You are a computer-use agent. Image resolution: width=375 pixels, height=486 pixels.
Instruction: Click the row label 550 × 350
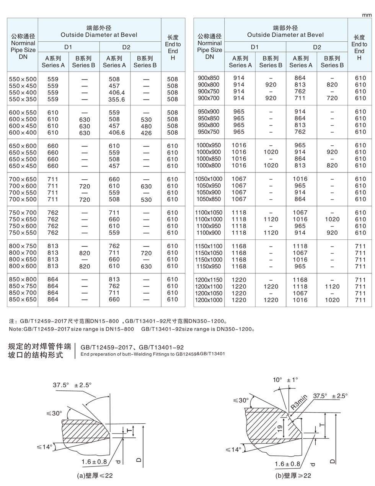pyautogui.click(x=23, y=99)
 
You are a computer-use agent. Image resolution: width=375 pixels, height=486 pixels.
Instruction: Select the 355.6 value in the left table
pyautogui.click(x=117, y=99)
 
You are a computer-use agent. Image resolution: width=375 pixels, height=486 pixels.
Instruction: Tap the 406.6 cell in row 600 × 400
pyautogui.click(x=117, y=133)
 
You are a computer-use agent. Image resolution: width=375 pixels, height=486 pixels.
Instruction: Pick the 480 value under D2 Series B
pyautogui.click(x=146, y=126)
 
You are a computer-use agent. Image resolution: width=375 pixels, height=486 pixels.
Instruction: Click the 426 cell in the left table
pyautogui.click(x=146, y=133)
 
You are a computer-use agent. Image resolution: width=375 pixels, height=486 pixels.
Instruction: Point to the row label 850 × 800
pyautogui.click(x=23, y=280)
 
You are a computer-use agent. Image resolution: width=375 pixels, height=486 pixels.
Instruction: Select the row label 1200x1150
pyautogui.click(x=209, y=280)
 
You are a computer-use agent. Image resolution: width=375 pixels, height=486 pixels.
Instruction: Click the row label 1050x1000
pyautogui.click(x=209, y=179)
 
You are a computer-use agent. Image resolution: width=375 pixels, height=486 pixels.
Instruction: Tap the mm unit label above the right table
pyautogui.click(x=367, y=15)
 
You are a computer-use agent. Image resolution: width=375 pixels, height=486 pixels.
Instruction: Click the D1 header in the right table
pyautogui.click(x=255, y=47)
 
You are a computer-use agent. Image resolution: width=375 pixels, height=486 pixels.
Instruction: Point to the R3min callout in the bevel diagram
pyautogui.click(x=299, y=403)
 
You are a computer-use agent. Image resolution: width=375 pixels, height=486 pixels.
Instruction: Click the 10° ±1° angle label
pyautogui.click(x=285, y=380)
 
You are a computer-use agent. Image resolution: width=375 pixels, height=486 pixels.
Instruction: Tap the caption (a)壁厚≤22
pyautogui.click(x=95, y=476)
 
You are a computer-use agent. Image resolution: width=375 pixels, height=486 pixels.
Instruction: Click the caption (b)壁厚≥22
pyautogui.click(x=293, y=476)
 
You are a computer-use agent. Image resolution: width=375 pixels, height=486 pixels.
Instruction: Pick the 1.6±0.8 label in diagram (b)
pyautogui.click(x=287, y=464)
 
